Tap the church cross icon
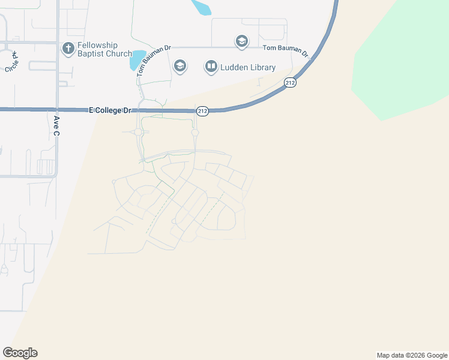coord(68,47)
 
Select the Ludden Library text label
coord(248,67)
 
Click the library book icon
coord(211,67)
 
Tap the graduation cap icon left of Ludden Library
coord(179,66)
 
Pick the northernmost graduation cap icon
coord(241,41)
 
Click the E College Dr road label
coord(109,110)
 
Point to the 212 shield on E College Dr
coord(202,111)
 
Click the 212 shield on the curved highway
coord(291,83)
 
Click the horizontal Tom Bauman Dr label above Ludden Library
coord(285,47)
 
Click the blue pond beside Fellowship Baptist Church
coord(137,59)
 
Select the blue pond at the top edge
coord(201,7)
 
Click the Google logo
coord(20,353)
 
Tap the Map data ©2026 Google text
coord(412,355)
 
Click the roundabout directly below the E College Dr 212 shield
coord(195,133)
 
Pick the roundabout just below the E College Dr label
coord(138,132)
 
